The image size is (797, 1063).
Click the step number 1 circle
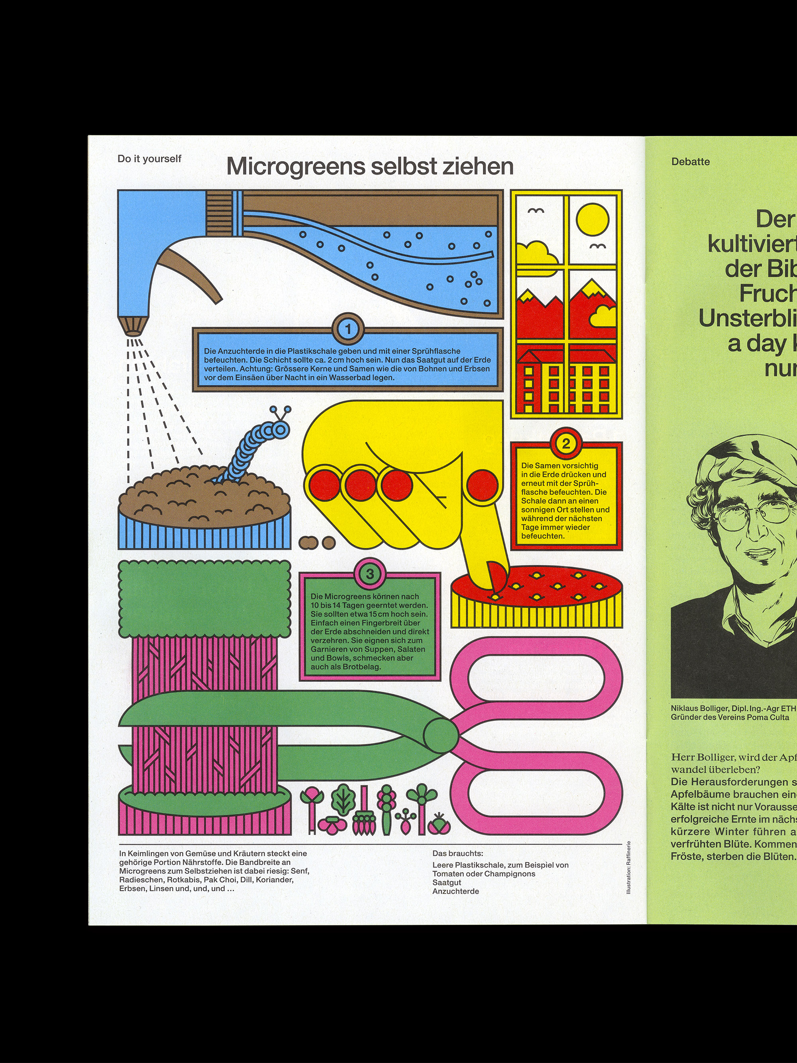click(x=349, y=329)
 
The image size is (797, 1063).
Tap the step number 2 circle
click(x=566, y=443)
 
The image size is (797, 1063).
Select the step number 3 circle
click(x=369, y=574)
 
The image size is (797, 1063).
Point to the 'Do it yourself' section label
click(x=149, y=159)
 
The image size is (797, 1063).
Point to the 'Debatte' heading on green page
click(x=690, y=162)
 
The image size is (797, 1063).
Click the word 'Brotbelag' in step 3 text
click(x=362, y=667)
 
